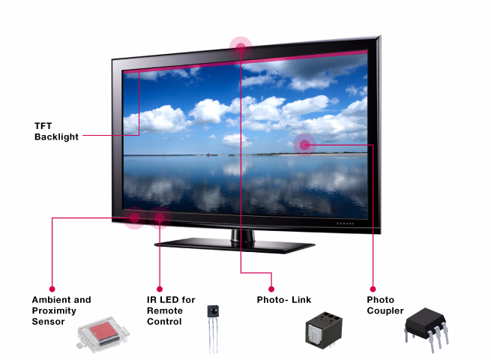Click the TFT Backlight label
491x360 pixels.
(x=56, y=131)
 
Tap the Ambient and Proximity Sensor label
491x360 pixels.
(x=61, y=310)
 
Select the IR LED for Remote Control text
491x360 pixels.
(x=171, y=310)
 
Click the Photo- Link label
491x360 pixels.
(x=284, y=300)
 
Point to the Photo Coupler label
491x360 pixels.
(x=385, y=305)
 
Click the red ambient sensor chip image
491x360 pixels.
(x=103, y=334)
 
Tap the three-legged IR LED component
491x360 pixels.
(x=213, y=329)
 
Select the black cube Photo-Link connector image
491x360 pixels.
(x=324, y=330)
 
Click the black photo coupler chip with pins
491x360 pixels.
(x=427, y=329)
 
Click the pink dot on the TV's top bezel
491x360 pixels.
(x=241, y=47)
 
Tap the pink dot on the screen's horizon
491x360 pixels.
(x=304, y=145)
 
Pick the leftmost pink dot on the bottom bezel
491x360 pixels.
(x=134, y=217)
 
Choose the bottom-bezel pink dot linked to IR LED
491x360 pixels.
(x=160, y=217)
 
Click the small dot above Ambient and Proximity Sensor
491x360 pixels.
(x=52, y=289)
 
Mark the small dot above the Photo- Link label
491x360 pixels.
(x=271, y=289)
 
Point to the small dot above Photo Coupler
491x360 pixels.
(x=373, y=289)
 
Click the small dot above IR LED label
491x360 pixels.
(x=160, y=289)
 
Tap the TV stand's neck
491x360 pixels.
(x=243, y=235)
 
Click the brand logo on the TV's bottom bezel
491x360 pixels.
(x=345, y=223)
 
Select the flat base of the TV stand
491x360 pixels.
(x=235, y=246)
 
